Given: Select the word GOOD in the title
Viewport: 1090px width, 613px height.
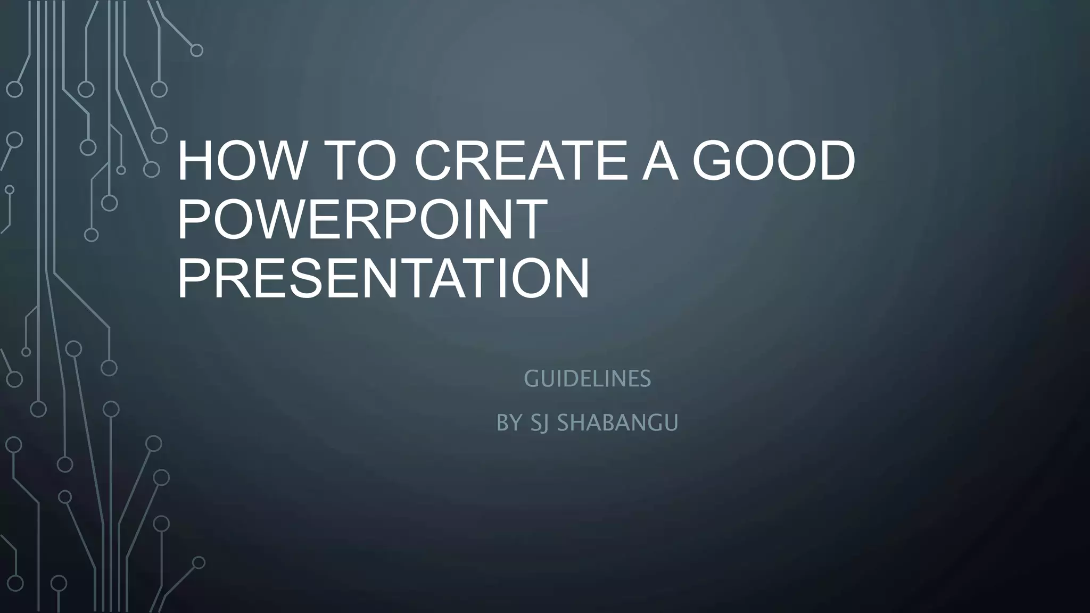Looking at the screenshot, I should [x=774, y=161].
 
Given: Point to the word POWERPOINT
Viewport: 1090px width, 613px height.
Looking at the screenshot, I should [x=362, y=219].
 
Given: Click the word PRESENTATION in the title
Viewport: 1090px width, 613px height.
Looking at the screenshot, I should [x=383, y=278].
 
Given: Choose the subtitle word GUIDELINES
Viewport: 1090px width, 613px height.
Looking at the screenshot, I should [x=587, y=379].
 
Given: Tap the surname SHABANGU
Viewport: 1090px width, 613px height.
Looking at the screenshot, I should [x=617, y=423].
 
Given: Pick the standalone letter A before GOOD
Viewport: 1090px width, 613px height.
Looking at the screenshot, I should [x=660, y=161].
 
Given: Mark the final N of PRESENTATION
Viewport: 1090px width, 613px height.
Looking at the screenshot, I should [x=572, y=278].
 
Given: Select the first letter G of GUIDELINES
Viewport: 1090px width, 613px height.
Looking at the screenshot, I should [x=531, y=379].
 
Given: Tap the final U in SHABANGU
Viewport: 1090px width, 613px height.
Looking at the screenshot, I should [x=672, y=423].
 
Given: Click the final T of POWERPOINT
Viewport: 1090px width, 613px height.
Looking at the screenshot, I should [x=530, y=219].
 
